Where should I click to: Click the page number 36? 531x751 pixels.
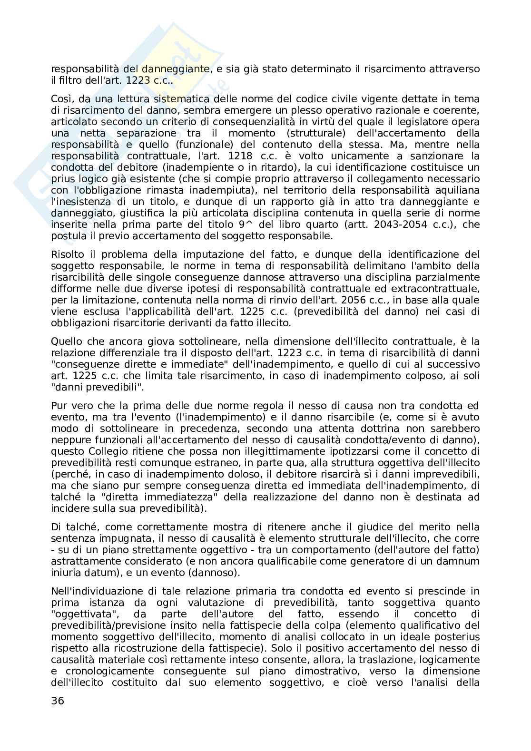click(x=58, y=701)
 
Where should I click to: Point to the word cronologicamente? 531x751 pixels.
click(x=107, y=671)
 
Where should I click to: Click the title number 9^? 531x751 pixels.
click(x=246, y=224)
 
